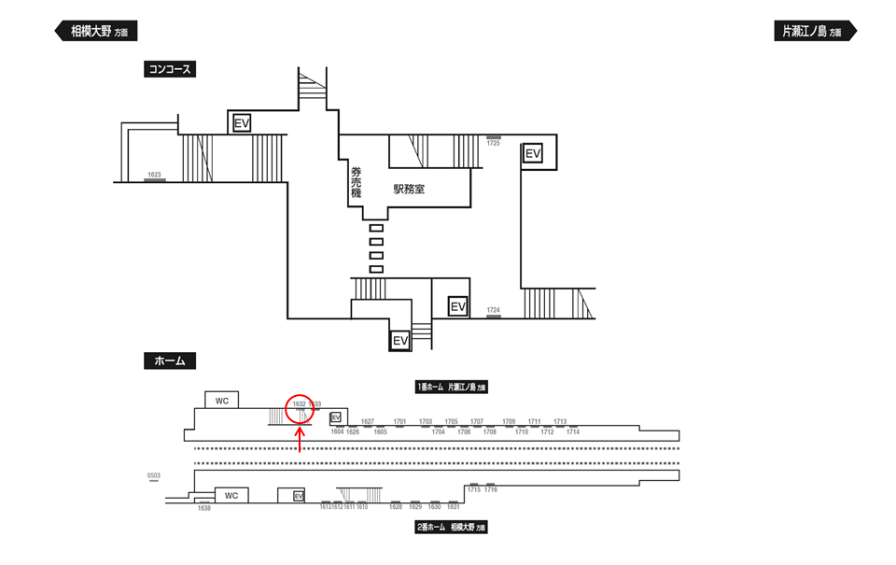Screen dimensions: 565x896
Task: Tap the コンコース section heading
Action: click(169, 69)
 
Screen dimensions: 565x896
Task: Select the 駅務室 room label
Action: click(409, 189)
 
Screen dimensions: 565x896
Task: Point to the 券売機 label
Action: click(356, 182)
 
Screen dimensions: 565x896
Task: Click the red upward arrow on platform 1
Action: click(299, 439)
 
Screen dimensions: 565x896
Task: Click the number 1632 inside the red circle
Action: click(300, 404)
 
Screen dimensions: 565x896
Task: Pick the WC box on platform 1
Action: click(222, 401)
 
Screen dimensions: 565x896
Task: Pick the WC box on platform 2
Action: click(231, 496)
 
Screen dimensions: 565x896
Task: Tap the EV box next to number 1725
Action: click(533, 153)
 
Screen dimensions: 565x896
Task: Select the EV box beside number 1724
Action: click(457, 307)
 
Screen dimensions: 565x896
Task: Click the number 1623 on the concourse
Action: click(154, 175)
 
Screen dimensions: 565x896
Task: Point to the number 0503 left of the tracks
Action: click(154, 476)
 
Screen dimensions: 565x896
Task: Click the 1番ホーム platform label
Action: click(452, 386)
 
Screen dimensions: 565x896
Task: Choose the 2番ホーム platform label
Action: click(452, 528)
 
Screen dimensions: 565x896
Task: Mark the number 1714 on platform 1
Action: click(573, 432)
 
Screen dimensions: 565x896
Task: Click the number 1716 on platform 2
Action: click(491, 490)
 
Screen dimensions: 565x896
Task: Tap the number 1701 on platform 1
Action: click(400, 422)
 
